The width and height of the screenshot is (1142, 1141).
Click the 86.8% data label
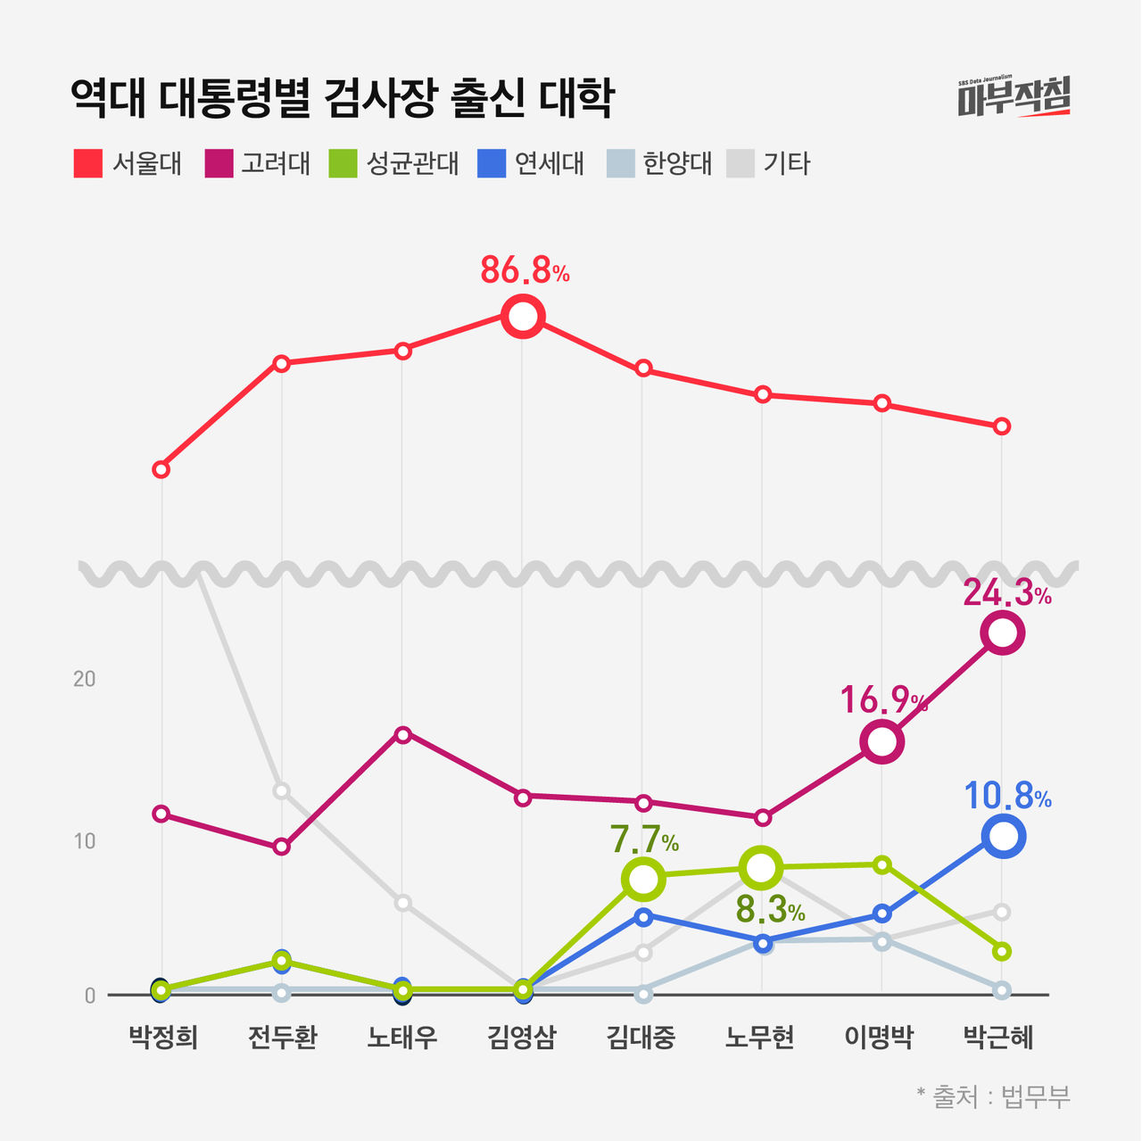(525, 270)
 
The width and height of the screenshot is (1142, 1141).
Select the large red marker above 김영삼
(523, 316)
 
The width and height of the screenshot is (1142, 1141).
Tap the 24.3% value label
(1006, 593)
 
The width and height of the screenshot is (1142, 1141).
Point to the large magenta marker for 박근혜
(1002, 633)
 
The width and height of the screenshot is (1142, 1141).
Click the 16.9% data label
(883, 701)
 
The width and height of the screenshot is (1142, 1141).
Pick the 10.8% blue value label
(1007, 797)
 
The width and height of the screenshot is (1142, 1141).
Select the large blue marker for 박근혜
(1002, 836)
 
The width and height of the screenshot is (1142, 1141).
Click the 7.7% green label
(643, 840)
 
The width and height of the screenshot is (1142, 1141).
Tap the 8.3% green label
(769, 910)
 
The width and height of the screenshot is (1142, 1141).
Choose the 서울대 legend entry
(128, 164)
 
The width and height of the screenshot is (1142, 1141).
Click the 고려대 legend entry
(258, 164)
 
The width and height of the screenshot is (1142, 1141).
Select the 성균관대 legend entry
(394, 164)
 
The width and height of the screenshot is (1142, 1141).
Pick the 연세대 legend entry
(532, 164)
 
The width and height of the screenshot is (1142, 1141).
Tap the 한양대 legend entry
(659, 164)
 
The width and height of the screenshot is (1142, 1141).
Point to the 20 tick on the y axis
(84, 679)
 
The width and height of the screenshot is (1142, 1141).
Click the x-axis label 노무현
(760, 1038)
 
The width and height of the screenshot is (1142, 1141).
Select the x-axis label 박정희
(162, 1038)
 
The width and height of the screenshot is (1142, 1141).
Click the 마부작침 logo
(1014, 96)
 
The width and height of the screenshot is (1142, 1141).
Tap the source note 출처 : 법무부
(993, 1096)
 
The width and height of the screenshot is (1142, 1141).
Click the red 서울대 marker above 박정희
(161, 469)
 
